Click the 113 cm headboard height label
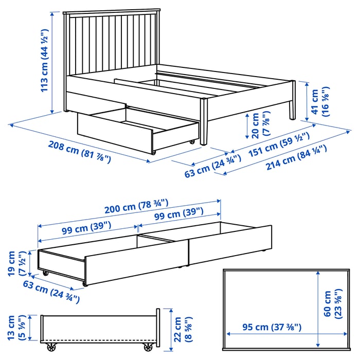44,61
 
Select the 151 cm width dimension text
279,145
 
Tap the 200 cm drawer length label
136,206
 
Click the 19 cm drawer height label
16,263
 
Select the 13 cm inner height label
16,328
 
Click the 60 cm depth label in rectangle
333,304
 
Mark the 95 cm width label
272,327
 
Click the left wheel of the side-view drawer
51,347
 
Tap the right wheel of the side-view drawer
148,347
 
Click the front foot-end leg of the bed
204,121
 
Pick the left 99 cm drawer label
86,228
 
